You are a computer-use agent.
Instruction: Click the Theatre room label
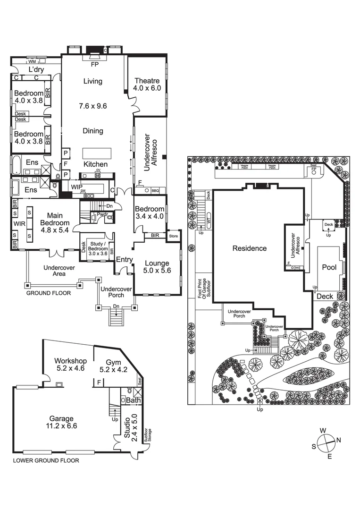pos(147,81)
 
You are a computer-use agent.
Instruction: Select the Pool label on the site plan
pos(329,267)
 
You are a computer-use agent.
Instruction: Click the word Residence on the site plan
pos(249,248)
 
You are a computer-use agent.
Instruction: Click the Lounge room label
pos(156,263)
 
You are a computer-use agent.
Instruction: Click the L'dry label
pos(36,69)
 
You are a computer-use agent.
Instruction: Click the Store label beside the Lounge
pos(173,235)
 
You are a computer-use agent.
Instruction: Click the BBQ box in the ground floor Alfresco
pos(155,191)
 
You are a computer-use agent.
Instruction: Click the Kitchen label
pos(96,164)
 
